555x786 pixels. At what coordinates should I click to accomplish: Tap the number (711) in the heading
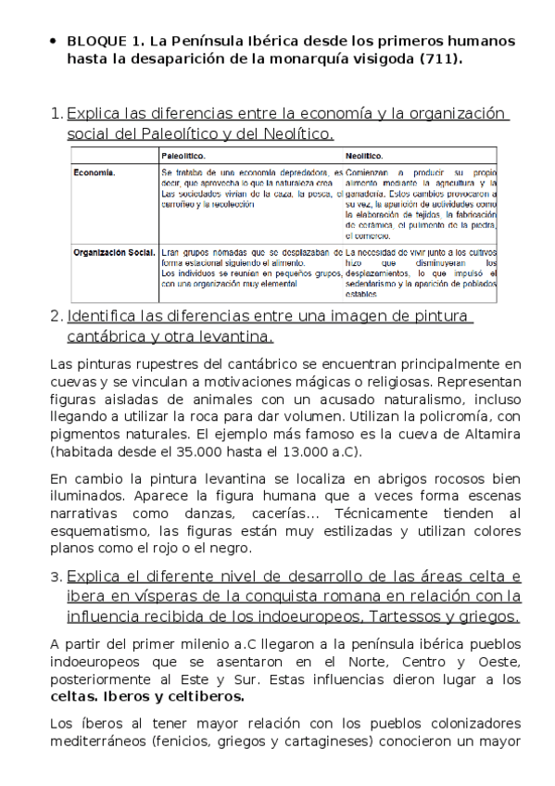coord(441,59)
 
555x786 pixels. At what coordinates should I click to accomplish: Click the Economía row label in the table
coord(95,172)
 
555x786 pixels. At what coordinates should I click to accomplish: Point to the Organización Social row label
coord(113,251)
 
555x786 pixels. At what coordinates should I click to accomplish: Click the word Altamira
coord(490,434)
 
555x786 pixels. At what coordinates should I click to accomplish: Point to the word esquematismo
coord(99,531)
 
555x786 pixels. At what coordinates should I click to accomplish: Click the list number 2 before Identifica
coord(55,316)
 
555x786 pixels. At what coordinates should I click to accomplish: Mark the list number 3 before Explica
coord(55,577)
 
